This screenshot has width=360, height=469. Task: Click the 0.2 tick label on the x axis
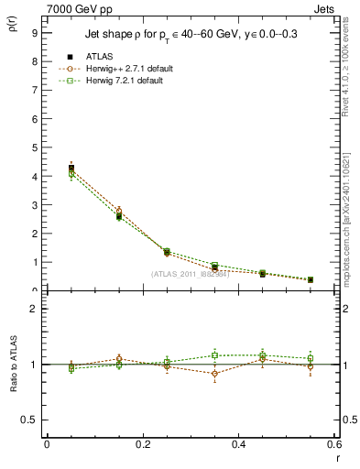click(142, 444)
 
